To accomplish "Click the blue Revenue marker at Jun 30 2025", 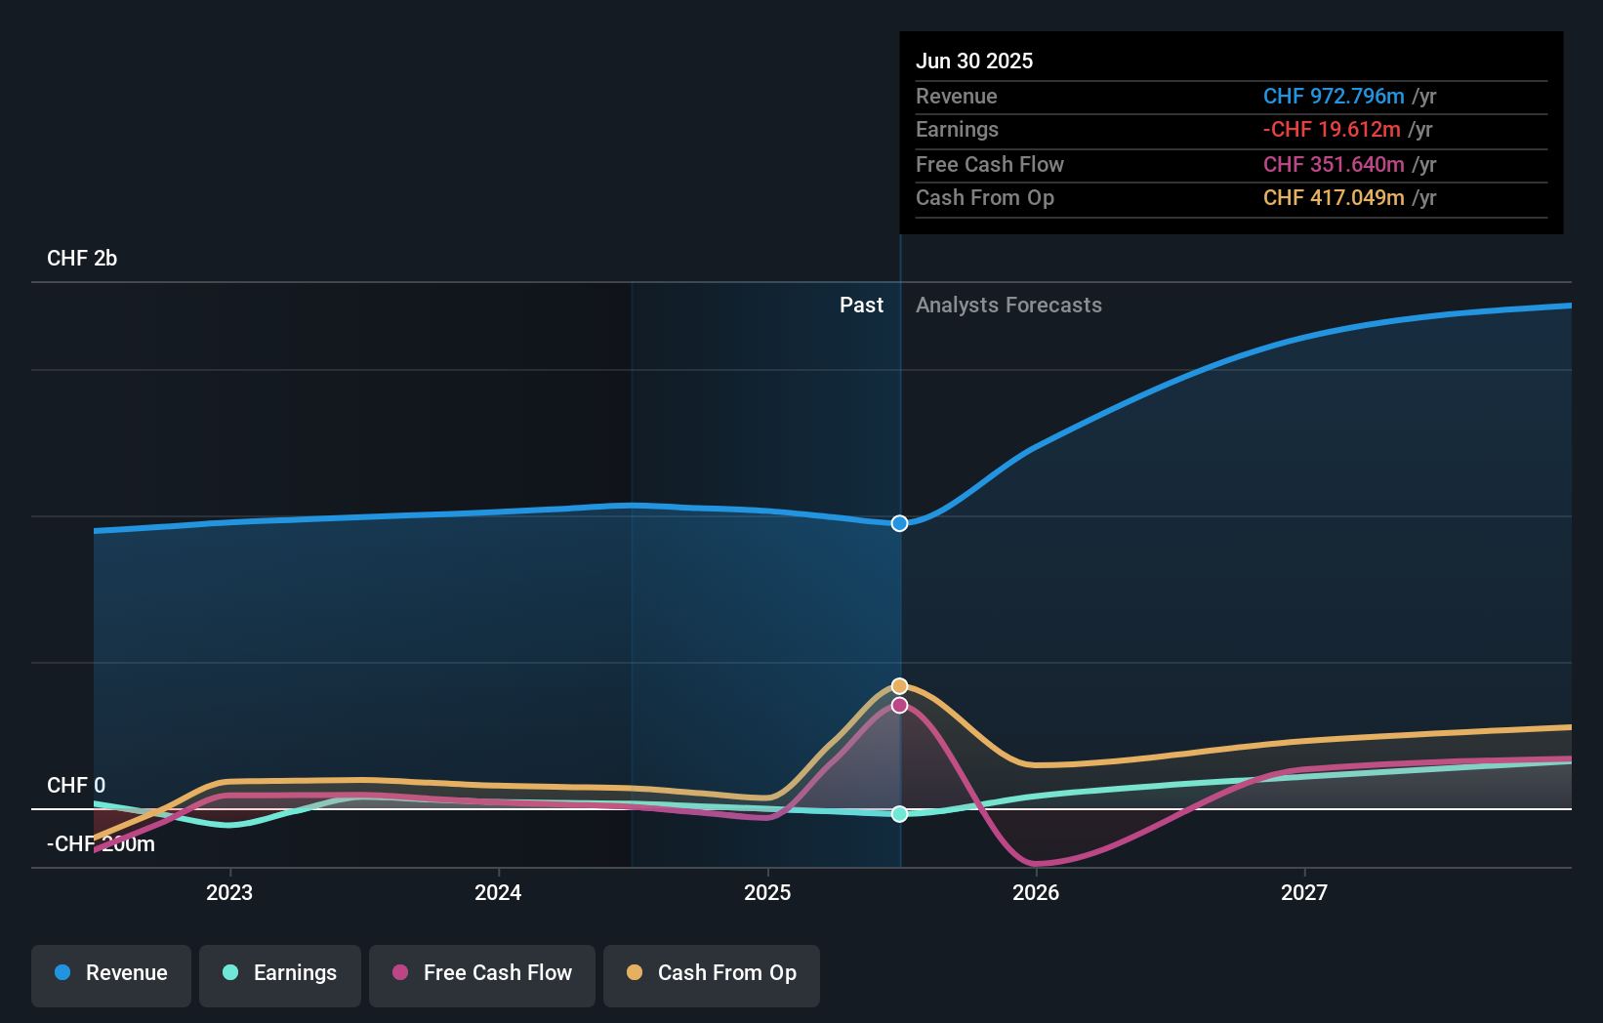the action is tap(899, 523).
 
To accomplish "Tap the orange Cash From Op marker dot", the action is tap(899, 686).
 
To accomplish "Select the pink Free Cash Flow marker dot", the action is tap(899, 706).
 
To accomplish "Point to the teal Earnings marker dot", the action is tap(899, 814).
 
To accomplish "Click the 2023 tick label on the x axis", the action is tap(229, 893).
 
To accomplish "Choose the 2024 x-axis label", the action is tap(498, 893).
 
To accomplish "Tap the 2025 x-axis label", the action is tap(767, 893).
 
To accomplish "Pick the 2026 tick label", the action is tap(1036, 893).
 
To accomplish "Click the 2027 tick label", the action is tap(1304, 893).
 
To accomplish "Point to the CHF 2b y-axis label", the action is tap(82, 259).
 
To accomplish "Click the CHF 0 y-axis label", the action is tap(76, 786).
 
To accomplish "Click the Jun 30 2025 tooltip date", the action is tap(974, 61).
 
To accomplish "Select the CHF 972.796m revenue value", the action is tap(1334, 97).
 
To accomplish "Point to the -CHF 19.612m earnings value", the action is tap(1332, 130).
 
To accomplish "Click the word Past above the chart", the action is tap(862, 306).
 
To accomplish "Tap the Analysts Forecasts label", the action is tap(1009, 306).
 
